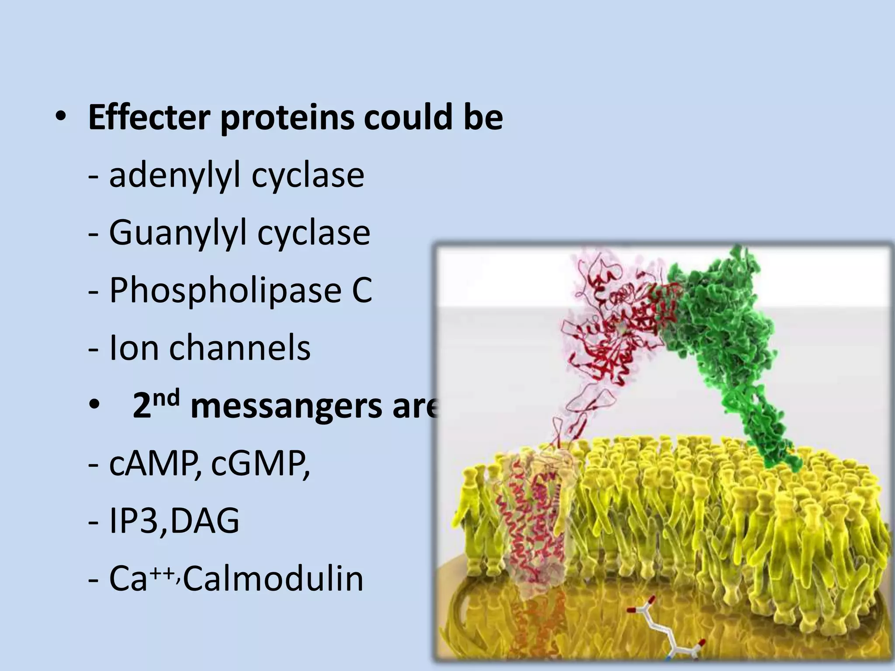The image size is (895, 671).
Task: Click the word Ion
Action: pos(133,348)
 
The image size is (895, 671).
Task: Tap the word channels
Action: pos(240,348)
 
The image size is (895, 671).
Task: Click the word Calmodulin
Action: pos(273,578)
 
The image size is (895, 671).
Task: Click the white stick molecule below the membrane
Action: pos(664,633)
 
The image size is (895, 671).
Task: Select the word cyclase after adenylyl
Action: pos(308,176)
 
